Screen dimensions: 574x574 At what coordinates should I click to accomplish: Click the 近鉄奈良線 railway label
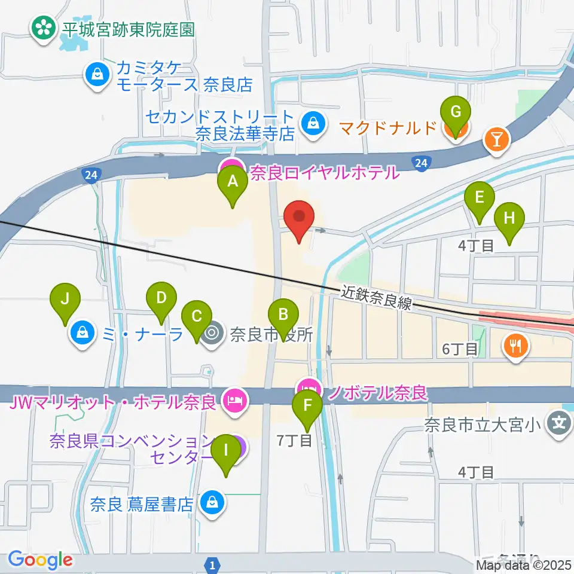click(x=377, y=297)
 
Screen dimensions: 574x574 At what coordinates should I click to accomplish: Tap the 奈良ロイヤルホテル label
click(x=323, y=173)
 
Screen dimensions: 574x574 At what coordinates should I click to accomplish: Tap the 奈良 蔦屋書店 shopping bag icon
click(x=212, y=503)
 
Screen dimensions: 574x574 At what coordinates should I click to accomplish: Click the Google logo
click(x=40, y=560)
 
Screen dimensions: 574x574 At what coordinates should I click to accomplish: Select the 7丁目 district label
click(x=294, y=441)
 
